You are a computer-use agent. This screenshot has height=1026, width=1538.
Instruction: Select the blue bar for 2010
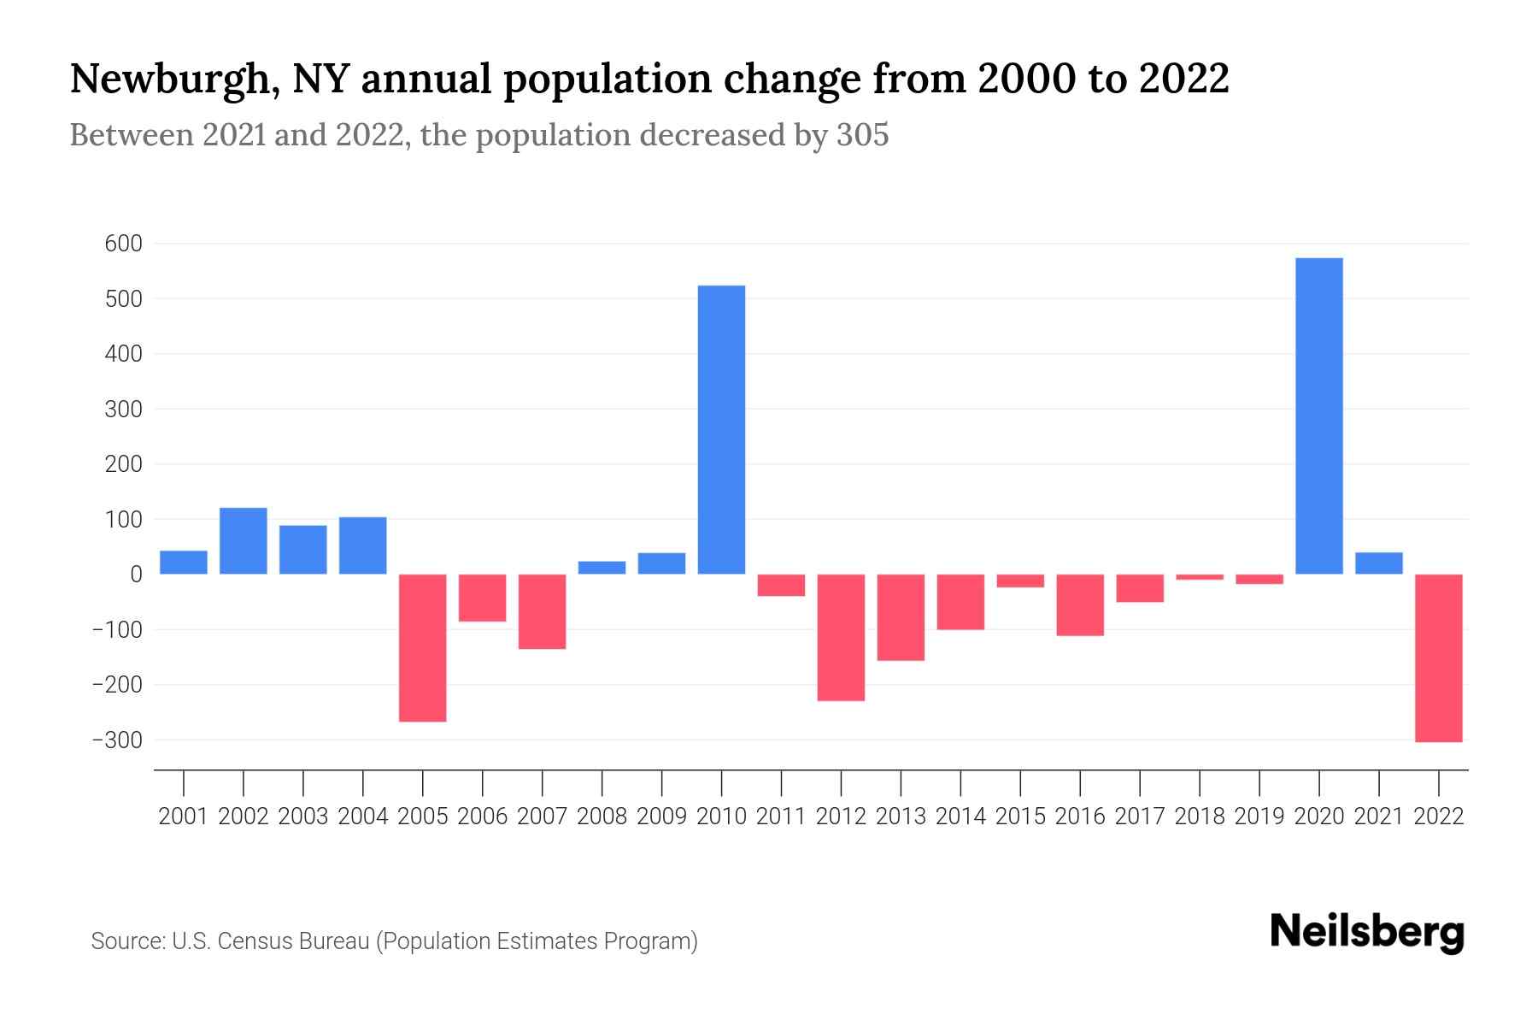click(721, 429)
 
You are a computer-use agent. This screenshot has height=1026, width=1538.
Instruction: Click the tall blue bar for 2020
click(1318, 416)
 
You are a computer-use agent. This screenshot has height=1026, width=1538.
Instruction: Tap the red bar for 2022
click(1438, 657)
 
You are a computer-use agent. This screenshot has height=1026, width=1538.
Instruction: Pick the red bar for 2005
click(422, 647)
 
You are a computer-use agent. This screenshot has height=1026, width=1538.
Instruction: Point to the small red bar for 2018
click(1199, 577)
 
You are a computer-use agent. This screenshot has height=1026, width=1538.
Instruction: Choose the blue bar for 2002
click(243, 540)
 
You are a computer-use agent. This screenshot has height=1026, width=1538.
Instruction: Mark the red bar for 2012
click(841, 637)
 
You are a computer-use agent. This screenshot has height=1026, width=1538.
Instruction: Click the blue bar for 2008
click(602, 568)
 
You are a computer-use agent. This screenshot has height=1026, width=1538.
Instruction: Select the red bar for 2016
click(1079, 604)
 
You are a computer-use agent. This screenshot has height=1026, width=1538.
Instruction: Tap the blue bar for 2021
click(1378, 563)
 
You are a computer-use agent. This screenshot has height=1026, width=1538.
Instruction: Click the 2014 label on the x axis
click(960, 817)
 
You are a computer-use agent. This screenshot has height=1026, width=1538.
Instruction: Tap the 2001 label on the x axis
click(183, 817)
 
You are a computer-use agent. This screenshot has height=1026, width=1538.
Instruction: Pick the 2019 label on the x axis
click(1259, 817)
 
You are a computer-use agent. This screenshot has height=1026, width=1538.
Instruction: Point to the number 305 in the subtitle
click(862, 135)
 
